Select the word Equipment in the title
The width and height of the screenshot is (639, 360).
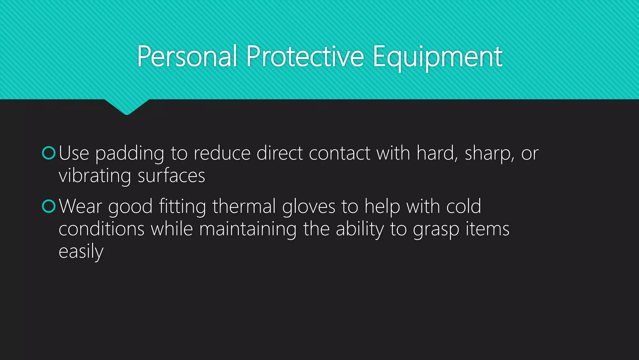point(437,57)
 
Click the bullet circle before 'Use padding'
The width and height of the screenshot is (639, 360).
point(49,153)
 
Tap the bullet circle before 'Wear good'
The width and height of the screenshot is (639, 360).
point(49,206)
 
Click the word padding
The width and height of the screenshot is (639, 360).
point(129,154)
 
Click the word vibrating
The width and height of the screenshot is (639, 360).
point(95,176)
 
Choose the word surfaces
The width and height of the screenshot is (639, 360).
point(171,176)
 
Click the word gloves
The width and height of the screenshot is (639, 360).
point(309,207)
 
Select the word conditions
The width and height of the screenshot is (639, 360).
point(101,229)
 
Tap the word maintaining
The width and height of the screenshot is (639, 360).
point(248,229)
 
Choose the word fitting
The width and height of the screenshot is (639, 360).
point(182,207)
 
